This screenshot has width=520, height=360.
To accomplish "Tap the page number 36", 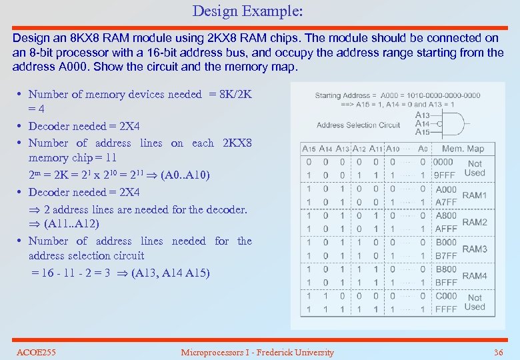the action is [498, 352].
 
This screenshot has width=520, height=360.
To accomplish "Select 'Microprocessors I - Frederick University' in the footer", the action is [257, 352].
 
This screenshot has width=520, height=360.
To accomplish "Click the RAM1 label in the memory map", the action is [475, 195].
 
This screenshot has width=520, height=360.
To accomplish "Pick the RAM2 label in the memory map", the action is [475, 222].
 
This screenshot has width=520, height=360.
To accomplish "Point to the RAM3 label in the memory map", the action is [475, 249].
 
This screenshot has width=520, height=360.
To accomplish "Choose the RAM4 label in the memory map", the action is [475, 276].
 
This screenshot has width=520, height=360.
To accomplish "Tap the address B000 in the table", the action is [446, 243].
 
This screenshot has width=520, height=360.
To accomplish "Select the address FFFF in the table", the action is [446, 309].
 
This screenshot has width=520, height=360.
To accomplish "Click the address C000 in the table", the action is [446, 296].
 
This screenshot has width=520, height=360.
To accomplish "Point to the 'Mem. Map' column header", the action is [463, 149].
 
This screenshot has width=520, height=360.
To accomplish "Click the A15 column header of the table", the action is [309, 149].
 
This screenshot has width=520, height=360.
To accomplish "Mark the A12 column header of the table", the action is [359, 149].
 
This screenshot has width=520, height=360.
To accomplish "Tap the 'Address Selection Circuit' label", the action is [358, 125].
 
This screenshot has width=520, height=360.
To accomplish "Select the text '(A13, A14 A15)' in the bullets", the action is [170, 273].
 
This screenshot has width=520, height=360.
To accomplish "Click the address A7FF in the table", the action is [446, 202].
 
